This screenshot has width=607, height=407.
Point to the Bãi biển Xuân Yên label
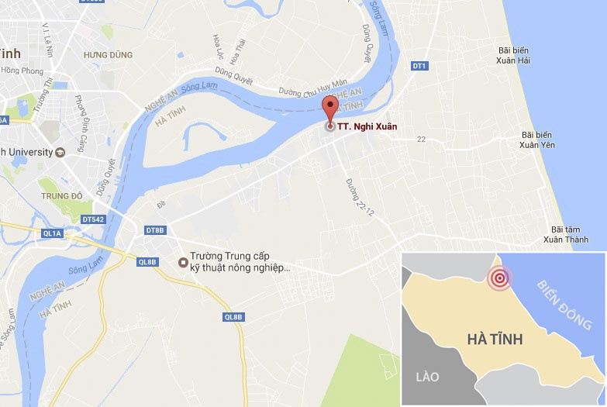(x=537, y=140)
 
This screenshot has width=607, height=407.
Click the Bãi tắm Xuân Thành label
(x=565, y=234)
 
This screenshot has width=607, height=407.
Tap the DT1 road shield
(x=419, y=66)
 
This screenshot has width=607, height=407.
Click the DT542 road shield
(x=93, y=219)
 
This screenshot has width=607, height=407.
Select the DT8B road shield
(x=155, y=230)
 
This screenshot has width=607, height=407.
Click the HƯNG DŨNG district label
(x=109, y=55)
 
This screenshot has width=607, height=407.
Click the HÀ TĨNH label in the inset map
(x=495, y=339)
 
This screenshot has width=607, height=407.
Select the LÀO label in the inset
(x=427, y=377)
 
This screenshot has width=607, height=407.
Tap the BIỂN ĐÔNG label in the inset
(x=564, y=302)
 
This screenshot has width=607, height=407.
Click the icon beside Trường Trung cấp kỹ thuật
(x=182, y=261)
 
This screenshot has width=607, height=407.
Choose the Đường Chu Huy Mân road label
(x=314, y=87)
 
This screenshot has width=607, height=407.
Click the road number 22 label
(x=422, y=140)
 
